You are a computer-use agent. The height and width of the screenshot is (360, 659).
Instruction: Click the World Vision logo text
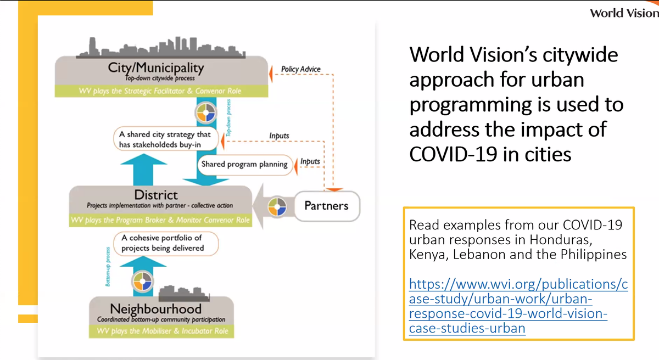click(x=624, y=13)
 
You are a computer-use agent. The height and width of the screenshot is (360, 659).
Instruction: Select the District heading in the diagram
click(x=157, y=195)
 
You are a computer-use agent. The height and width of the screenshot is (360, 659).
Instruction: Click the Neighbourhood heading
click(x=155, y=309)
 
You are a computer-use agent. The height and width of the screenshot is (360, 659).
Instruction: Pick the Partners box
click(x=326, y=206)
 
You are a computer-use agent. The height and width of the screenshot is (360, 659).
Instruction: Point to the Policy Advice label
click(x=300, y=70)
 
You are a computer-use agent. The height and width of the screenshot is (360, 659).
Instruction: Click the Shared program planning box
click(x=244, y=164)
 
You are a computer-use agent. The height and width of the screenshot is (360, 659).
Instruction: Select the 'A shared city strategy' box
click(x=165, y=139)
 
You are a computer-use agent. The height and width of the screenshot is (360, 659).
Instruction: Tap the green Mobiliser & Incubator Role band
click(x=162, y=331)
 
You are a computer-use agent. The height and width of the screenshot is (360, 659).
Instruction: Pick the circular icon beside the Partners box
click(x=277, y=207)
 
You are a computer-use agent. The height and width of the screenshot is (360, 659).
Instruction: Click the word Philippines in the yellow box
click(x=599, y=255)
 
